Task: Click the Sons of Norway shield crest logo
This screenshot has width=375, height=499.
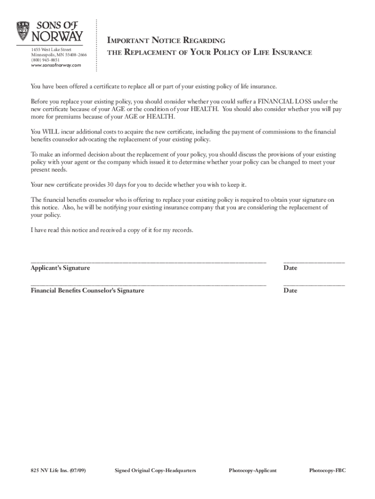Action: tap(23, 31)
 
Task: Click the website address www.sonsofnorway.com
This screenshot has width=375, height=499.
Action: tap(56, 65)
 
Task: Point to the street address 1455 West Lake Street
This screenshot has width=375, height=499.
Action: tap(51, 50)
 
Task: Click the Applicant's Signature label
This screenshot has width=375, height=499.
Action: tap(60, 268)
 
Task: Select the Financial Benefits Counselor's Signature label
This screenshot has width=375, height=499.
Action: tap(87, 290)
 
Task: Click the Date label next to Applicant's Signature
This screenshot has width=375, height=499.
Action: tap(290, 268)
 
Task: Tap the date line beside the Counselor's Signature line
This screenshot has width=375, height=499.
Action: tap(314, 285)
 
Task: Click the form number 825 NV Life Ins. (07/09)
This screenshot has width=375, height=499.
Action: tap(57, 470)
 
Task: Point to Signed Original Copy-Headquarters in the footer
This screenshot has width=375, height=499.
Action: tap(155, 470)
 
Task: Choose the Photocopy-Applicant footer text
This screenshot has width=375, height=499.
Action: tap(252, 470)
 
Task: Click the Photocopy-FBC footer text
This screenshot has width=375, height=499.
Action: tap(327, 470)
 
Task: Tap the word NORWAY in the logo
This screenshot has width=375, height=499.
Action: tap(57, 37)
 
